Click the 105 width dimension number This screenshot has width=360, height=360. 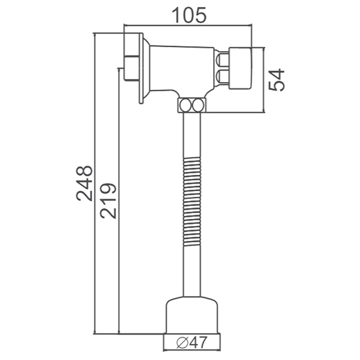click(x=189, y=15)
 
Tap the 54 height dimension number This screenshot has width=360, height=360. click(x=276, y=80)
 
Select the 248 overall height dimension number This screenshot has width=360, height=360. click(x=84, y=184)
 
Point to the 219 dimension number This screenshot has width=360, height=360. click(x=108, y=201)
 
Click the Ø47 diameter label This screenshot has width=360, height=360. click(x=192, y=343)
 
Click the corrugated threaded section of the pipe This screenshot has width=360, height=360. click(x=192, y=202)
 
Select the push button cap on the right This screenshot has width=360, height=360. click(x=240, y=68)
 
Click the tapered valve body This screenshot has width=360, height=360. click(x=181, y=70)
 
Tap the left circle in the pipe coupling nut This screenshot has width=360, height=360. click(x=186, y=105)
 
